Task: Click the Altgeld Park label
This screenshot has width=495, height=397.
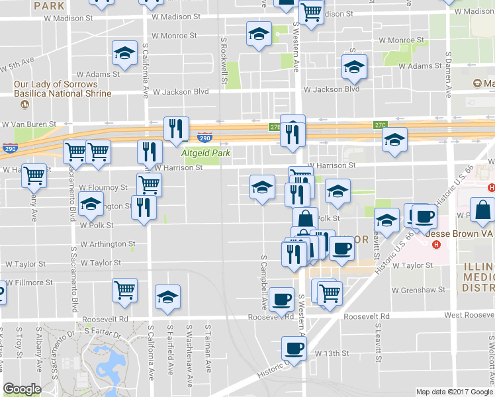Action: [x=206, y=153]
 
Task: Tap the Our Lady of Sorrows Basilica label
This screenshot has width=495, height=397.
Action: [x=56, y=89]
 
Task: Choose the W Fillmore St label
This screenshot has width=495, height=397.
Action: [x=29, y=283]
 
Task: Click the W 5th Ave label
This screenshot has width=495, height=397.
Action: [x=18, y=66]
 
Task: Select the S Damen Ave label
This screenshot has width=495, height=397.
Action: [x=448, y=73]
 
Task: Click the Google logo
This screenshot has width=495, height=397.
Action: [x=22, y=389]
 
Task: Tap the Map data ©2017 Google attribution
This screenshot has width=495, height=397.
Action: [x=454, y=392]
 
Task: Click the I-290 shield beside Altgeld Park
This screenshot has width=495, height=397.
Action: [x=205, y=138]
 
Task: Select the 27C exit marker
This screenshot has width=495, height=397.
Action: [x=380, y=124]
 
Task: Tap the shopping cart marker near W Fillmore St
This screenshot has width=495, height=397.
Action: [x=124, y=290]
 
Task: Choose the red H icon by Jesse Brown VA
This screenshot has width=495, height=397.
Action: [x=436, y=245]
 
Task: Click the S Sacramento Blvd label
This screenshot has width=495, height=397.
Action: [x=72, y=285]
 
